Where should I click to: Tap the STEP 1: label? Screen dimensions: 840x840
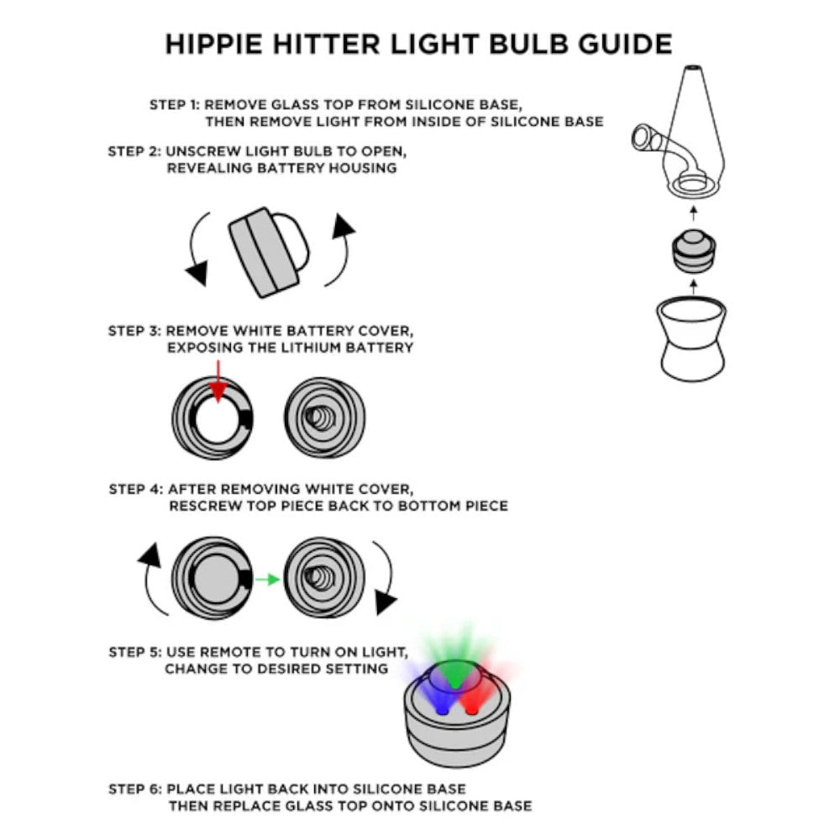tap(174, 105)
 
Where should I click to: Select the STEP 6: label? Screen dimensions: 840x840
tap(135, 790)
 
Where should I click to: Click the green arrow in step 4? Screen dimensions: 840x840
tap(267, 579)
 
